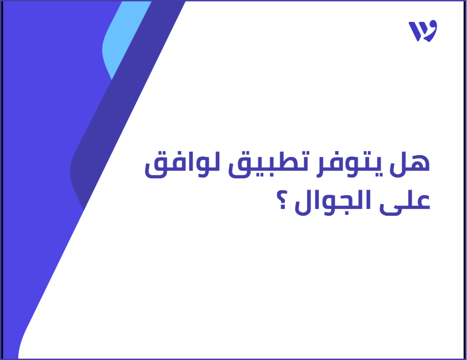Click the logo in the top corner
423,31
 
